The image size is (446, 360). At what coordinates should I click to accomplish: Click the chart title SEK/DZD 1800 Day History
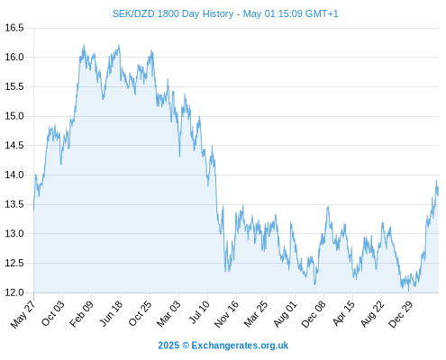click(173, 13)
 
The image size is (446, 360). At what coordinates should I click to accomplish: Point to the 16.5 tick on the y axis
click(14, 28)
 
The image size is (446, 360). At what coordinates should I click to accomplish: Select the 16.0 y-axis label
click(14, 57)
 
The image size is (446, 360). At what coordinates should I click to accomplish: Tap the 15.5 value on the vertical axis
click(14, 86)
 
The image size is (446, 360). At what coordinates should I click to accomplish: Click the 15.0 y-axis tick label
click(14, 116)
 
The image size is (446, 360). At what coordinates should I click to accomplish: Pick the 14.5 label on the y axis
click(14, 146)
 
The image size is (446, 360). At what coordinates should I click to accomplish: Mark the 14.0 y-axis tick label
click(14, 175)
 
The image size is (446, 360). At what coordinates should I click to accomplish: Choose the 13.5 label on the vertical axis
click(14, 204)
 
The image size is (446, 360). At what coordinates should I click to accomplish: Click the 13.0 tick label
click(14, 233)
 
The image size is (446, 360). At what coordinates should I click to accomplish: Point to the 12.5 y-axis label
click(14, 263)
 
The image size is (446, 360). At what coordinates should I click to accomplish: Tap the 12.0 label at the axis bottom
click(14, 292)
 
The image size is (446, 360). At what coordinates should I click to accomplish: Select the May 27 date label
click(23, 313)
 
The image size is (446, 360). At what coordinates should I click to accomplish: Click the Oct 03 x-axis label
click(53, 313)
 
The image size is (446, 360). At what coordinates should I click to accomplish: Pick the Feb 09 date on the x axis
click(81, 313)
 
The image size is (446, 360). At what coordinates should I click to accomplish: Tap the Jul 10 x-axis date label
click(198, 312)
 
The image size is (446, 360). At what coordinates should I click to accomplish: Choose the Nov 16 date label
click(226, 314)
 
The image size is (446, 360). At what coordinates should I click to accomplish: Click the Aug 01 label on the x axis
click(285, 314)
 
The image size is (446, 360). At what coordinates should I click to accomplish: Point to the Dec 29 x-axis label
click(400, 314)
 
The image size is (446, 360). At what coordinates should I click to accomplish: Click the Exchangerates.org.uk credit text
click(240, 346)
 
